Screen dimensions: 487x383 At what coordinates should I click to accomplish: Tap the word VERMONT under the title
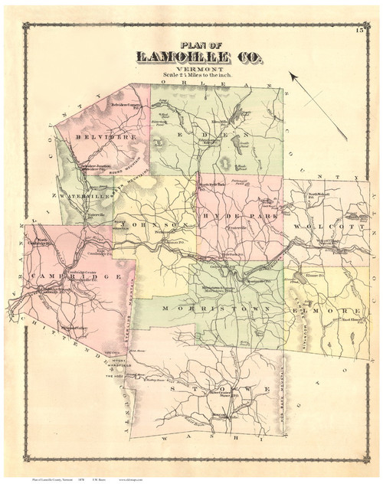click(191, 68)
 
